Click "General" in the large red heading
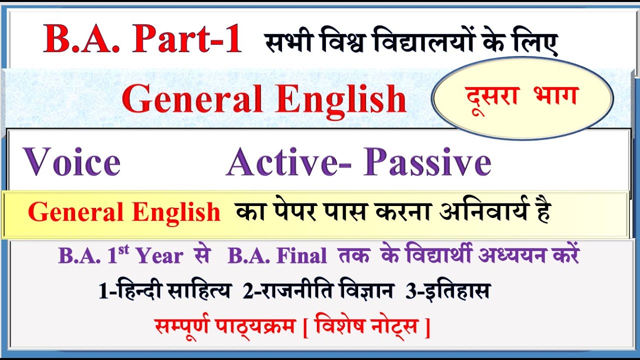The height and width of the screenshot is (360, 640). [x=192, y=98]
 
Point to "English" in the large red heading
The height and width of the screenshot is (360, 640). [x=340, y=98]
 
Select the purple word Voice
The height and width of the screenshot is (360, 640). [x=72, y=162]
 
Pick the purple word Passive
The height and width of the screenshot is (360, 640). [x=427, y=162]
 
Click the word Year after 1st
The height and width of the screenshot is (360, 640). [x=159, y=256]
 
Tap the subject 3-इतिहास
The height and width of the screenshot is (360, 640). [x=447, y=291]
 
